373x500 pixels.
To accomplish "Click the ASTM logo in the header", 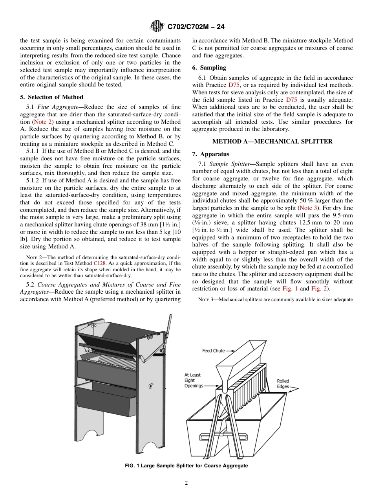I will point(157,27).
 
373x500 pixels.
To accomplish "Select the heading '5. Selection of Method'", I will point(51,97).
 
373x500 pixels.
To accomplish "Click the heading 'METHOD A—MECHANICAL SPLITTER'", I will point(272,142).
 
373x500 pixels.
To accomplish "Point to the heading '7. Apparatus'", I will point(211,154).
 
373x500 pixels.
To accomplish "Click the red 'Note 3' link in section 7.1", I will point(307,208).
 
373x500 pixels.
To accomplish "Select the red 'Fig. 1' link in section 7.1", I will point(290,289).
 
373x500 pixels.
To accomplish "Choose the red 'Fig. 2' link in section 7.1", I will point(319,289).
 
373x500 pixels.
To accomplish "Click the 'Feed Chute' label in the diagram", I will point(213,351).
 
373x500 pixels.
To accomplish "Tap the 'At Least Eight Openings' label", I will point(194,381).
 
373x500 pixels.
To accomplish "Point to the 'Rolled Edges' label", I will point(283,384).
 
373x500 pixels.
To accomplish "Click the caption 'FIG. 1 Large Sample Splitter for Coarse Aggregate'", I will point(186,466).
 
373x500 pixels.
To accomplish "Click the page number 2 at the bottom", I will point(186,483).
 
